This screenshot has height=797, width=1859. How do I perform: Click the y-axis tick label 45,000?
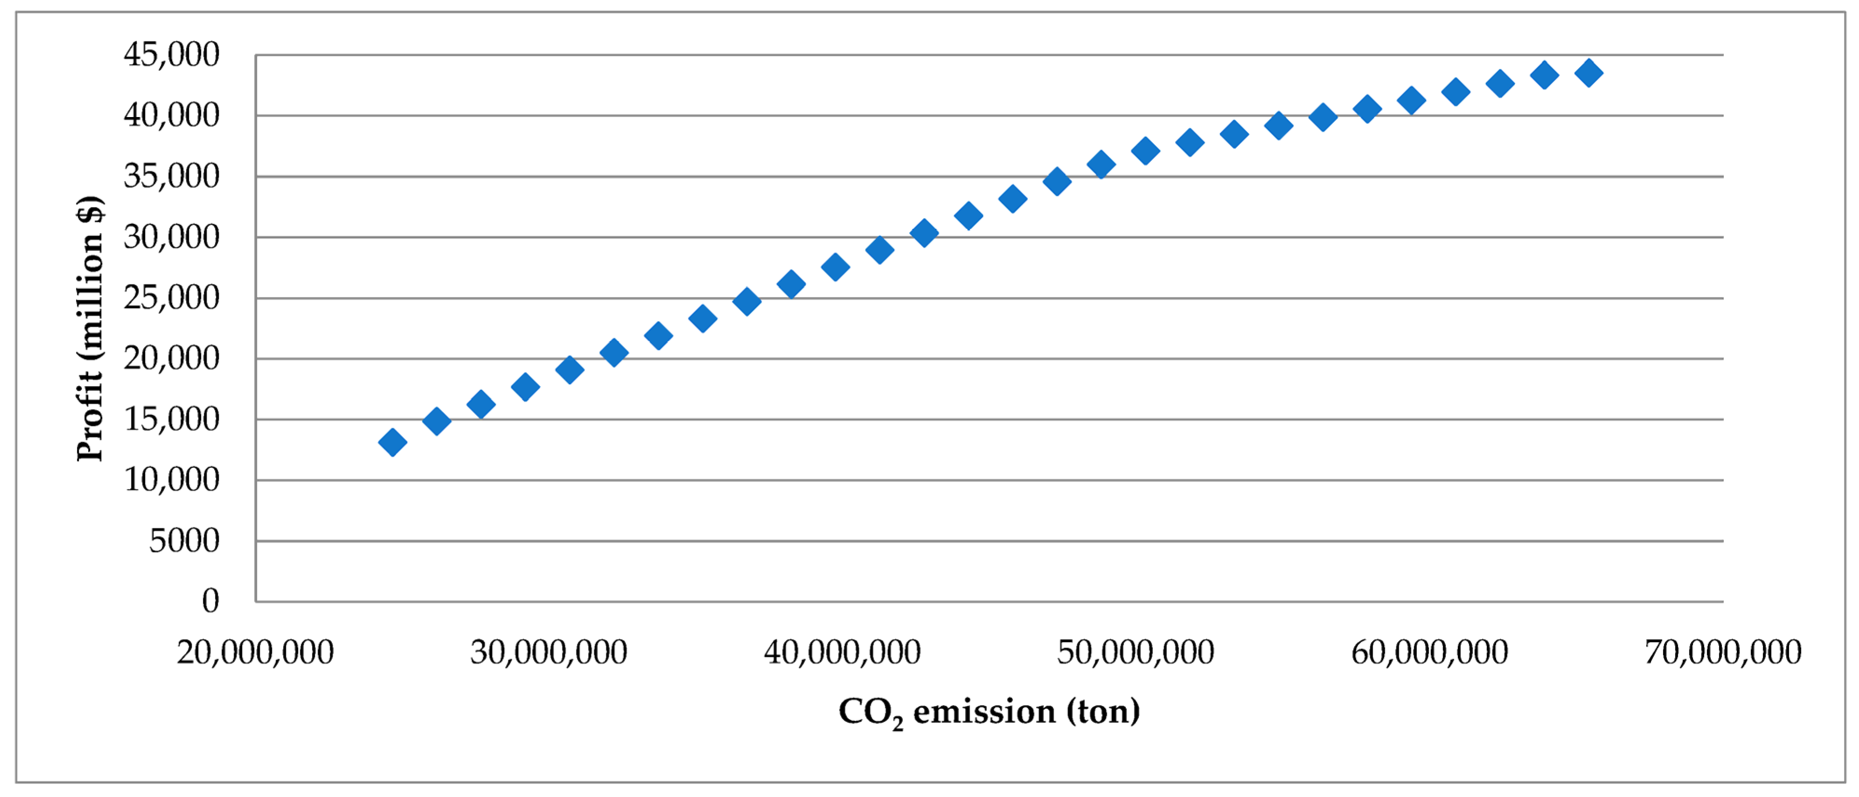tap(171, 55)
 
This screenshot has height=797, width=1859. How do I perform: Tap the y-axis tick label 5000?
tap(184, 541)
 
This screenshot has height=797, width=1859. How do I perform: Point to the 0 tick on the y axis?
tap(210, 601)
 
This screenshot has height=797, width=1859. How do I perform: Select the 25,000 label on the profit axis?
tap(171, 298)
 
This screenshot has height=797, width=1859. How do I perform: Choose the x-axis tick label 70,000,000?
tap(1723, 652)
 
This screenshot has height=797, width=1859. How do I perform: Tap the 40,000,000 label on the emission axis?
tap(842, 652)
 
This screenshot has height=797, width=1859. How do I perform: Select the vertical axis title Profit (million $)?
tap(90, 328)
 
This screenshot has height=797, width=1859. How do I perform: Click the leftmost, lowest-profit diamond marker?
tap(392, 442)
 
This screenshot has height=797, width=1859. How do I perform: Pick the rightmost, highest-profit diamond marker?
tap(1588, 72)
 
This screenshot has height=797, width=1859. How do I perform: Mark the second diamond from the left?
tap(436, 420)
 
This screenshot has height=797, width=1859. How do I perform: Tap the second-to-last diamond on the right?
tap(1544, 74)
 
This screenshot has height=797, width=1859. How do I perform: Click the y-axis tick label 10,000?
tap(171, 479)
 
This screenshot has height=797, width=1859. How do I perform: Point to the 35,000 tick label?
tap(171, 176)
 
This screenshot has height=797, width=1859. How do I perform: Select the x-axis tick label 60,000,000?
tap(1429, 652)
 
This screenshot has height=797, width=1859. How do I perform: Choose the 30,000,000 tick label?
tap(548, 652)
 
